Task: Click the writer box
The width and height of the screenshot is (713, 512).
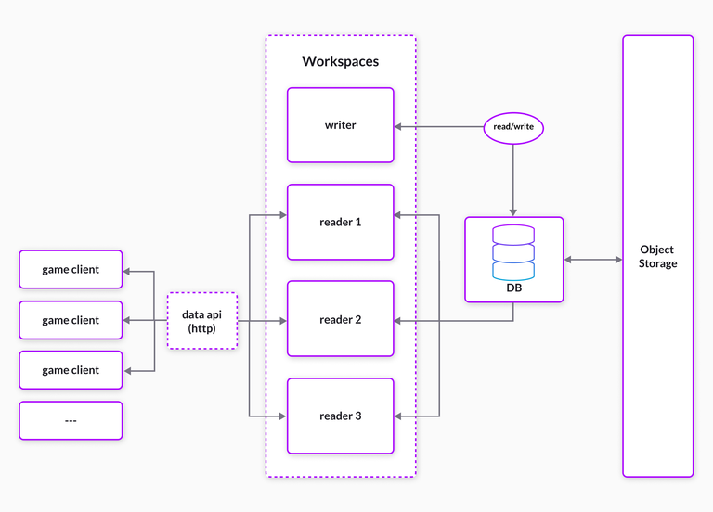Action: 340,125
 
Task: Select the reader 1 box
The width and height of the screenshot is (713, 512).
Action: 340,223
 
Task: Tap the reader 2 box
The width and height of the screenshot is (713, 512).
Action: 340,319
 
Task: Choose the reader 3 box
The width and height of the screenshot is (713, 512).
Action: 340,416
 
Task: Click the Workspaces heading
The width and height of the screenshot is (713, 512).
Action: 340,61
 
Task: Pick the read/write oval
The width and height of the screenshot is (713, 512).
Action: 513,125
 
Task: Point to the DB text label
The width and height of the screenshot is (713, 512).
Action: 513,288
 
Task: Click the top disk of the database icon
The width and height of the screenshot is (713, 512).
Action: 513,234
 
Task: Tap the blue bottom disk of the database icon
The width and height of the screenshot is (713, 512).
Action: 513,271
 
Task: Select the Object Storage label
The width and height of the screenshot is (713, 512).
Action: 657,256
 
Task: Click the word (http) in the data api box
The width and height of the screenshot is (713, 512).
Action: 201,329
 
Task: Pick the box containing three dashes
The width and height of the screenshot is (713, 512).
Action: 71,420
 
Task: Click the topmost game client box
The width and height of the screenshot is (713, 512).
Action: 71,270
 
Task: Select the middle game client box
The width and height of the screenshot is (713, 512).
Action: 71,320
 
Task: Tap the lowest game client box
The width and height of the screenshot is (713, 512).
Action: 71,370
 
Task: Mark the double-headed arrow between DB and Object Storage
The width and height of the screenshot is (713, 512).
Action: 593,260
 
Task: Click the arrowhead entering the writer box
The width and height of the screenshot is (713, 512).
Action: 399,125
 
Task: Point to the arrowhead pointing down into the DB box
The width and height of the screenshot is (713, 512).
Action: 513,211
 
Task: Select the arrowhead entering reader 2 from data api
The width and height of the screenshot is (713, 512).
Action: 282,320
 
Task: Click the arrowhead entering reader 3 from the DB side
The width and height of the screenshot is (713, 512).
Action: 399,416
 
